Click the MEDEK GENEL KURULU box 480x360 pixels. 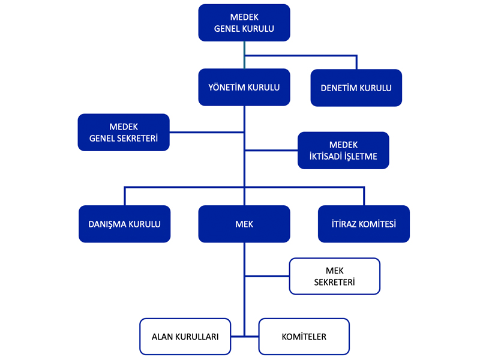244,23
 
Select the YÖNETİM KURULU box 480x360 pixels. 244,88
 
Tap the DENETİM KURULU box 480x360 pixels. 356,88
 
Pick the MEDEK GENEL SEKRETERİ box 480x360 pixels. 124,133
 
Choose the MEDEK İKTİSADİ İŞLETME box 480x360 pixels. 343,151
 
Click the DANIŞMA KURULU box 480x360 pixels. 125,224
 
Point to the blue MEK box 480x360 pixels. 244,224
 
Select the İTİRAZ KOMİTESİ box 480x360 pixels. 364,224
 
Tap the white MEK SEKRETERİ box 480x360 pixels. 334,277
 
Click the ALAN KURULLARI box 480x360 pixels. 185,337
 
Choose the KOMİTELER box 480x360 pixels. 304,337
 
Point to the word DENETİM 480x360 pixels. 340,88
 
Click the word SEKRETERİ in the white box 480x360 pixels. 334,283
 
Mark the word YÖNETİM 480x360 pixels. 226,88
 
